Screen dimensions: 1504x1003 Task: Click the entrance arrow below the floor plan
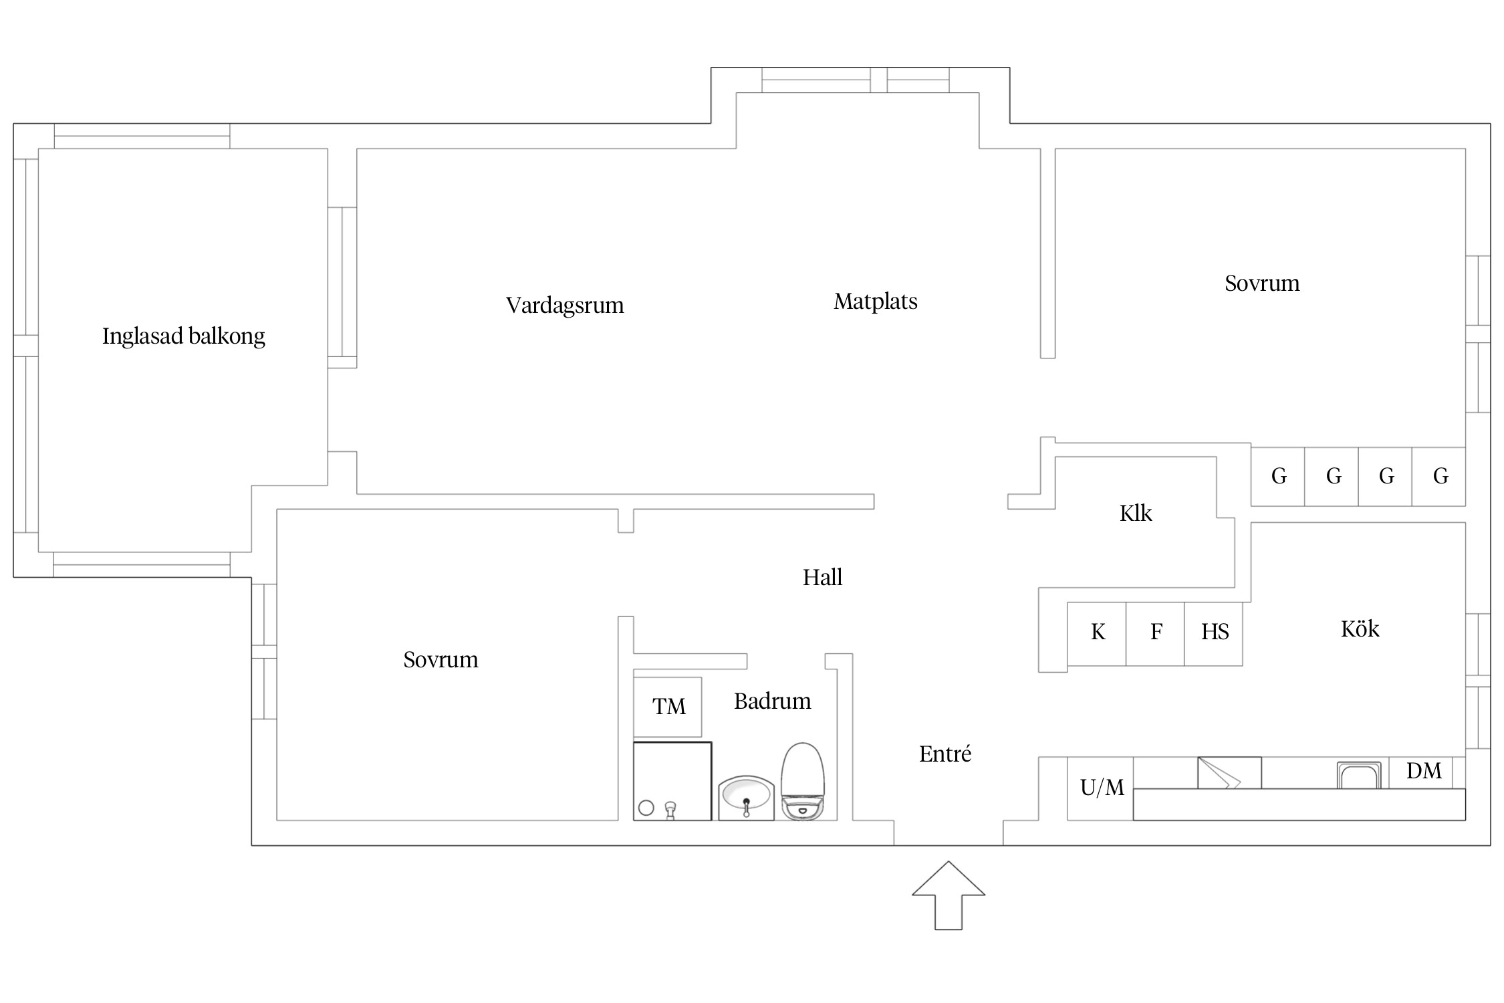tap(949, 896)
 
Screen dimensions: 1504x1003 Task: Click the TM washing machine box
tap(668, 707)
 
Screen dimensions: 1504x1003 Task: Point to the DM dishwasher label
tap(1424, 771)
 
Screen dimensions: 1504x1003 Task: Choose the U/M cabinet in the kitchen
tap(1100, 788)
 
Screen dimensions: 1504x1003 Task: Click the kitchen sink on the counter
tap(1358, 775)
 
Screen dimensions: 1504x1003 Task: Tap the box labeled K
tap(1097, 634)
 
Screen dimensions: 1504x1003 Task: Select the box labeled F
tap(1156, 634)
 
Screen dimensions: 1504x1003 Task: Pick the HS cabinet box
tap(1214, 634)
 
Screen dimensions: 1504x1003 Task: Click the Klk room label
tap(1136, 514)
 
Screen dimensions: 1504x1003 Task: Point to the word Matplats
tap(876, 302)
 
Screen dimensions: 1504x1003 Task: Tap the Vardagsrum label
tap(565, 306)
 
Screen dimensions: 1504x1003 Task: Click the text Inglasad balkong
tap(184, 336)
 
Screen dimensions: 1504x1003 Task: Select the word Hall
tap(822, 577)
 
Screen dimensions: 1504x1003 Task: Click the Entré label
tap(945, 754)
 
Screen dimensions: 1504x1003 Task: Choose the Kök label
tap(1360, 629)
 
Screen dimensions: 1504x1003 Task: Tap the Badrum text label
tap(773, 701)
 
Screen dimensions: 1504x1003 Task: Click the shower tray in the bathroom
tap(672, 781)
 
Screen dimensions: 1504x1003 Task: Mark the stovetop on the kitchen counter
tap(1229, 773)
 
